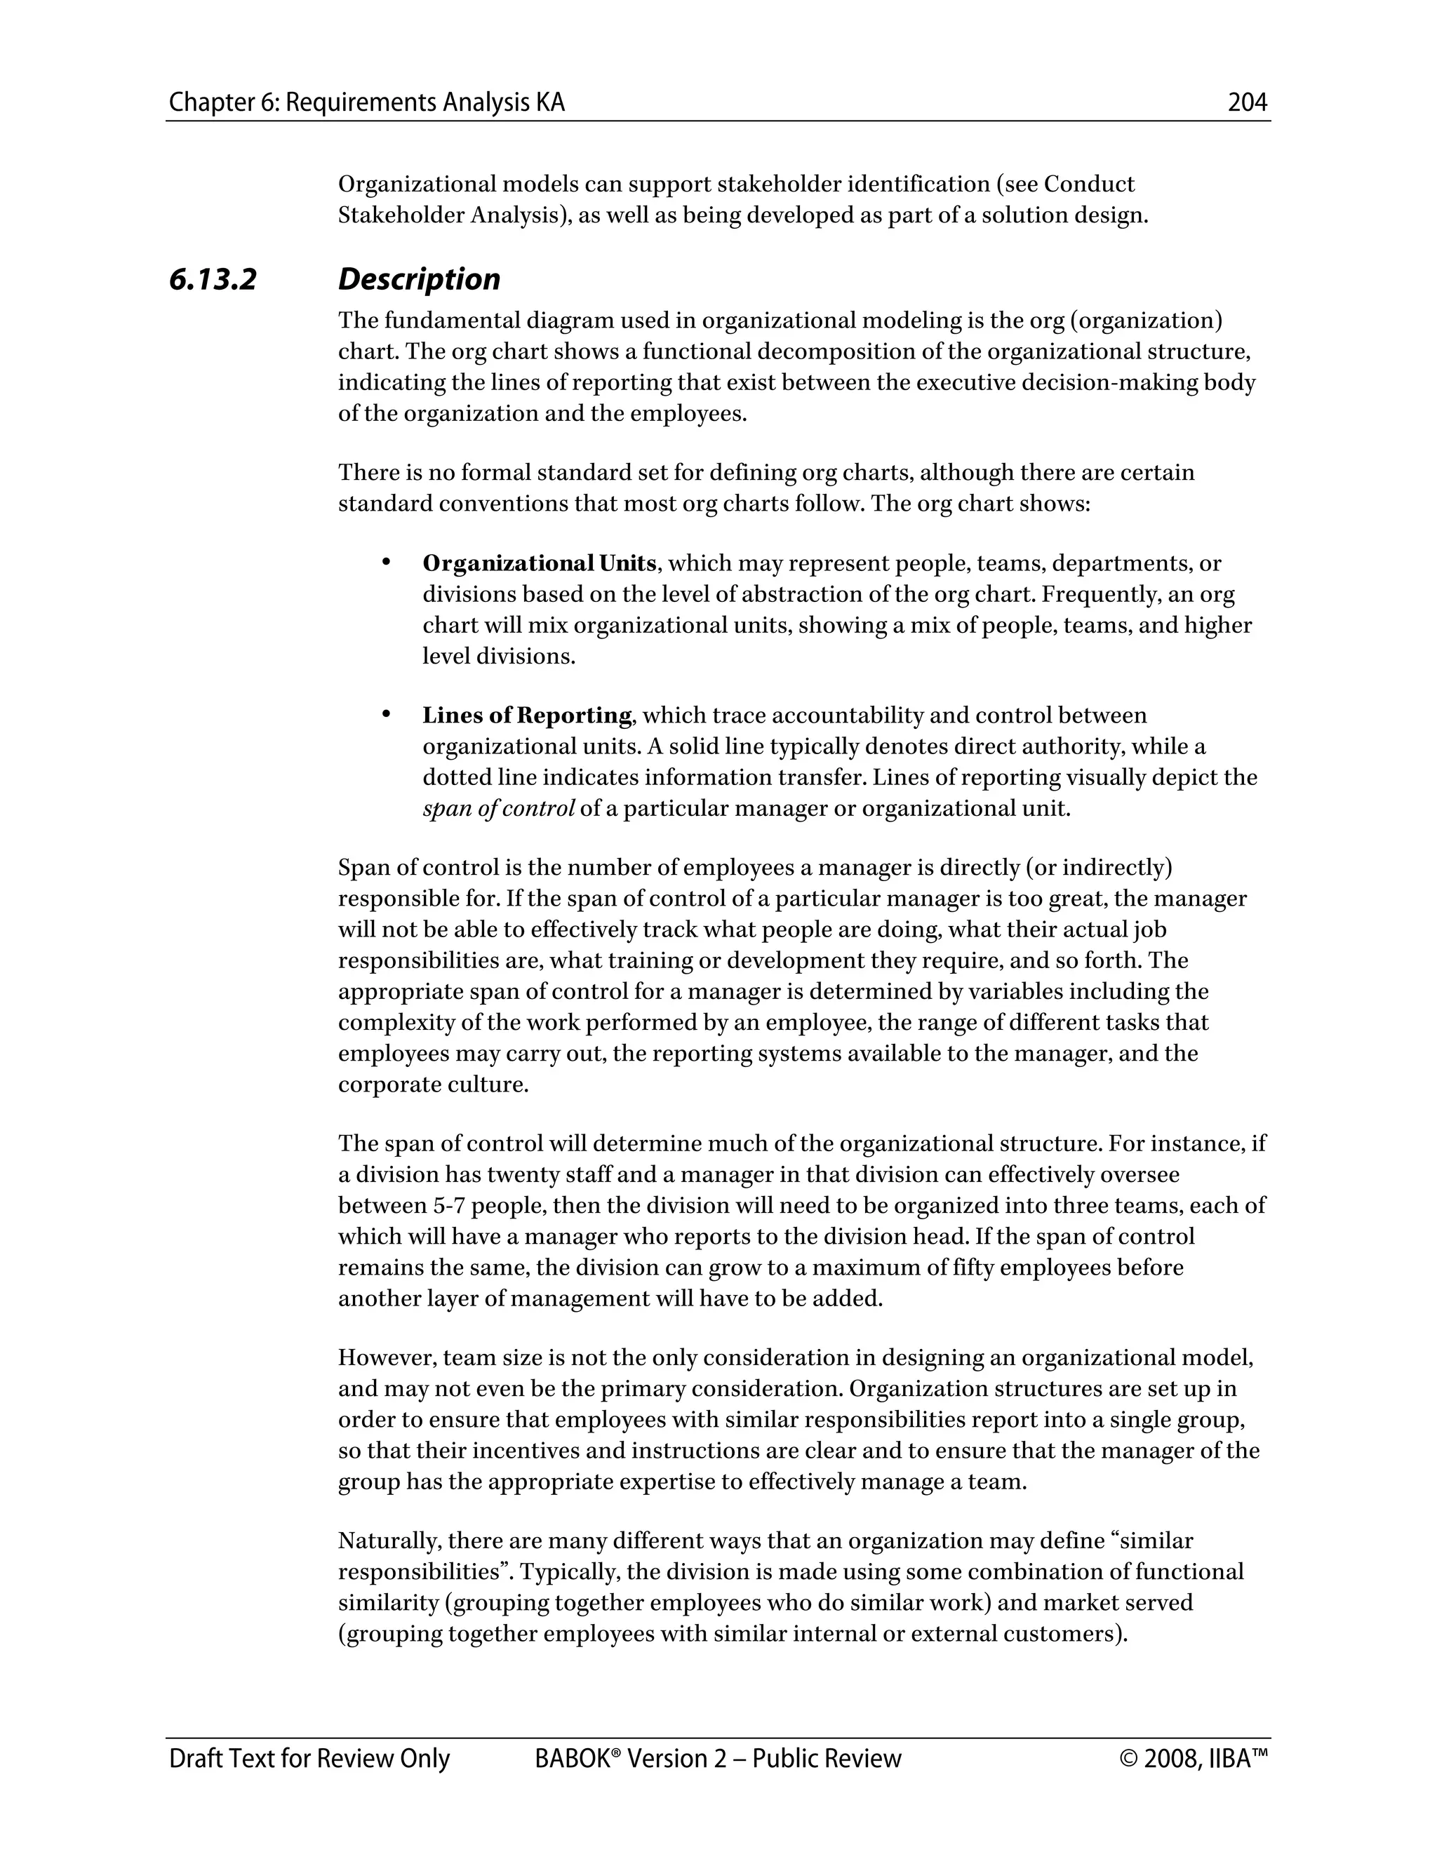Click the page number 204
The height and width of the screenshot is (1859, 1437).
coord(1247,103)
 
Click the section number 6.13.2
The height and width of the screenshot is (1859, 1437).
coord(213,279)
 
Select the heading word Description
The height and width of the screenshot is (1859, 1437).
coord(419,279)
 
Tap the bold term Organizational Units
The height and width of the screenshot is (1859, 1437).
coord(539,563)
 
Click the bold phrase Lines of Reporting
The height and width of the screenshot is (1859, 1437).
coord(527,715)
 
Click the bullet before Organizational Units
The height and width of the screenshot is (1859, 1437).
coord(386,562)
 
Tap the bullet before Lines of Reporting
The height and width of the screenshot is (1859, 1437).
coord(386,714)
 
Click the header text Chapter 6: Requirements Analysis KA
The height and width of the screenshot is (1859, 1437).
coord(367,103)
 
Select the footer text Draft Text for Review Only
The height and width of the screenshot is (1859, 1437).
coord(309,1758)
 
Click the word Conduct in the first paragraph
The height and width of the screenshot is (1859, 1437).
coord(1089,184)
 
